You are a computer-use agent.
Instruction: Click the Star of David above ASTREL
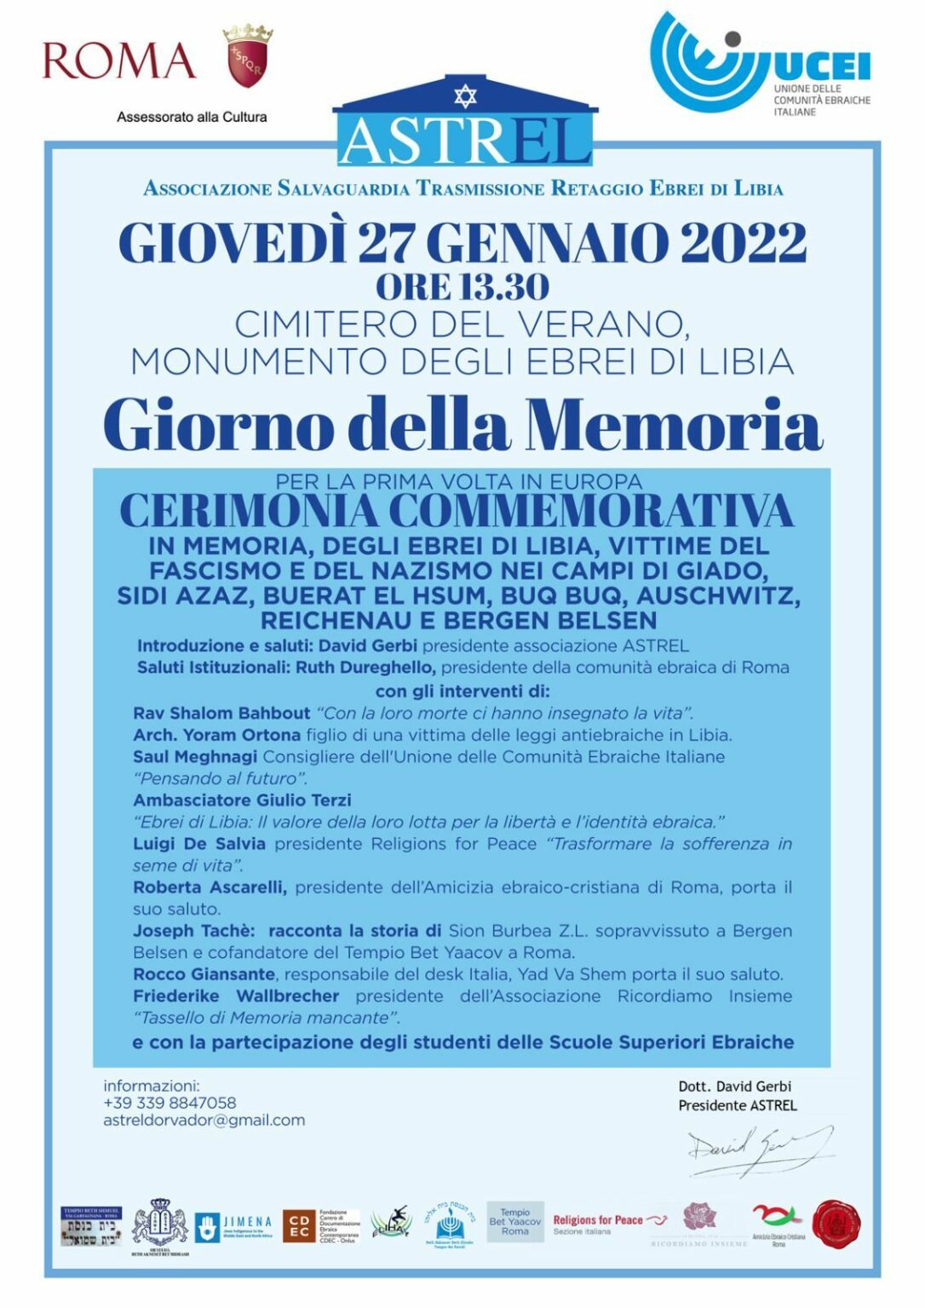(x=465, y=95)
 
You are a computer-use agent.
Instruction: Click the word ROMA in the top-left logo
(x=118, y=60)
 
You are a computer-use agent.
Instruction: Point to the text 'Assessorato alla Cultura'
(x=192, y=118)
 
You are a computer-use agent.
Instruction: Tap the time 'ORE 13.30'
(x=462, y=287)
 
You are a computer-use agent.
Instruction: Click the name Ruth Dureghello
(x=365, y=668)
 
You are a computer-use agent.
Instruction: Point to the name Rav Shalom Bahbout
(x=221, y=713)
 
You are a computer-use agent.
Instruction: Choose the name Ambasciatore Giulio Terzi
(x=242, y=800)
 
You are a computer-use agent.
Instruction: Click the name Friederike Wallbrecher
(x=236, y=995)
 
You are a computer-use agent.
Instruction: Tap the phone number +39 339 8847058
(x=169, y=1103)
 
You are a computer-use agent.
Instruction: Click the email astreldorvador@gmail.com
(x=204, y=1121)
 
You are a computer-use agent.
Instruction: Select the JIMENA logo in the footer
(x=233, y=1226)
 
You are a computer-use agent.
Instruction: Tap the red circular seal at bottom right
(x=836, y=1224)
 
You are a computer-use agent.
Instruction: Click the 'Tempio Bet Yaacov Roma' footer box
(x=514, y=1222)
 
